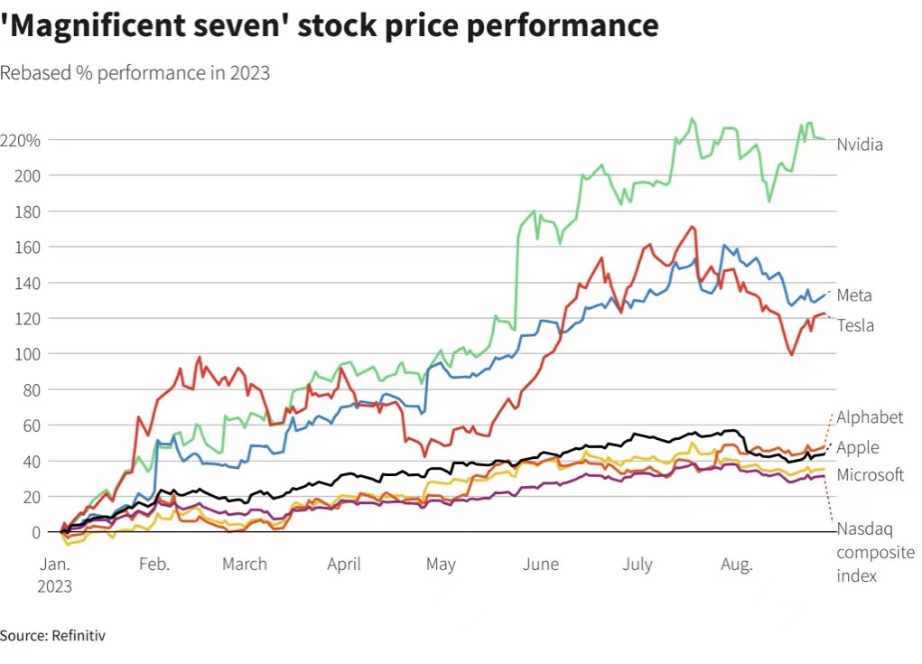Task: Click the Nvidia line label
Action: coord(859,145)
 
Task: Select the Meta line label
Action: coord(854,295)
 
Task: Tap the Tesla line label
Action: coord(855,325)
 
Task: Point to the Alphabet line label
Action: coord(870,417)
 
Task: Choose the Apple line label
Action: coord(857,447)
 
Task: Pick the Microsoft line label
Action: coord(870,475)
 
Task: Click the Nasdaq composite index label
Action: coord(875,552)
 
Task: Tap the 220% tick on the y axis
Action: coord(20,141)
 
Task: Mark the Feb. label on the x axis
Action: coord(154,565)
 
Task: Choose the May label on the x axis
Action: coord(441,565)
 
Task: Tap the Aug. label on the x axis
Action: coord(736,565)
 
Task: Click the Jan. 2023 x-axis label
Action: coord(53,575)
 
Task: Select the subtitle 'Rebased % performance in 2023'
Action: coord(135,73)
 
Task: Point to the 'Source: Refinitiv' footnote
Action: coord(52,636)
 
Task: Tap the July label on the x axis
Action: coord(638,565)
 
